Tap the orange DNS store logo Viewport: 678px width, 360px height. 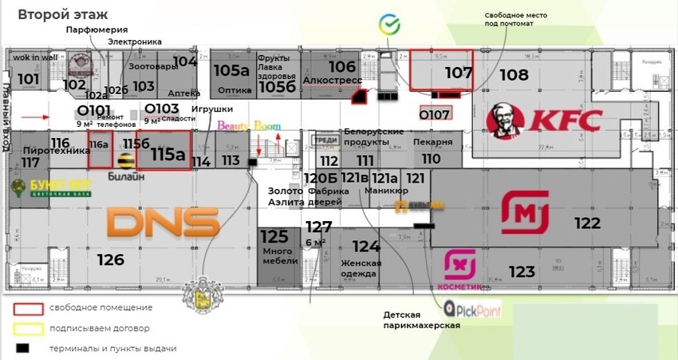[163, 221]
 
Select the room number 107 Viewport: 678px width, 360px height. [459, 73]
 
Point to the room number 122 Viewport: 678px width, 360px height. [587, 224]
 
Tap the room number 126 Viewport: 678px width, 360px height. [110, 259]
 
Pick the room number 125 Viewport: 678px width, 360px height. [274, 236]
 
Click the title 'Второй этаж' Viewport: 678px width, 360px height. [63, 14]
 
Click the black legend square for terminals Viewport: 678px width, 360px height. [24, 348]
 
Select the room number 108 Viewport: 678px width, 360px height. [514, 75]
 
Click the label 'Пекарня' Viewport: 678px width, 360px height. [433, 142]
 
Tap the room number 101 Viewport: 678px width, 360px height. [29, 78]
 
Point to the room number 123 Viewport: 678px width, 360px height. [522, 272]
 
